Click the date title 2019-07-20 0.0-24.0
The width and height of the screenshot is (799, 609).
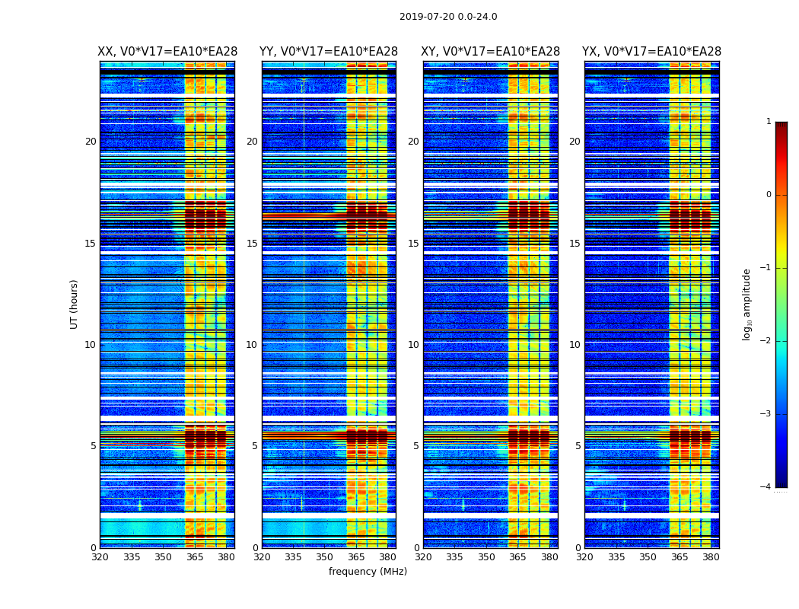(448, 17)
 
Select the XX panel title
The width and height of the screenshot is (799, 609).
(167, 52)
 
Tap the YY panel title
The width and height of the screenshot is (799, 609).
(329, 52)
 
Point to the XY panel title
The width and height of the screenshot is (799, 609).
(491, 52)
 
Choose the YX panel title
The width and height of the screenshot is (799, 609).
(652, 52)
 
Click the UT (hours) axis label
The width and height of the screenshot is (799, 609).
(74, 304)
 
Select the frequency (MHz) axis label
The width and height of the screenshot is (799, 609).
(368, 572)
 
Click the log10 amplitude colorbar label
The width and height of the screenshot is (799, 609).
(747, 304)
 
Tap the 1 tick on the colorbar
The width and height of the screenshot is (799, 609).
(769, 122)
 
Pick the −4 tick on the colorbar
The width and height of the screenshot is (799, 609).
(766, 487)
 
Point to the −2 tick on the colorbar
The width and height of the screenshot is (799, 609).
(766, 341)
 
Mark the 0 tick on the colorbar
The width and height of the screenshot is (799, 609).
(769, 195)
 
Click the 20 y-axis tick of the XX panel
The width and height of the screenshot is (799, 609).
(91, 142)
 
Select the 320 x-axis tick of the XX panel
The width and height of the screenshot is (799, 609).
(100, 557)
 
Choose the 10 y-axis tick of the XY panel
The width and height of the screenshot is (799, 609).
(413, 345)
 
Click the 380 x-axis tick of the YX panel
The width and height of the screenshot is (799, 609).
(711, 557)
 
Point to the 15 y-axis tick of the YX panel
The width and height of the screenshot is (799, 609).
(575, 244)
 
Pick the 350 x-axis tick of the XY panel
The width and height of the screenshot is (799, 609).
(486, 557)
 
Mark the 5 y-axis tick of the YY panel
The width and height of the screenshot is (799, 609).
(255, 446)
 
